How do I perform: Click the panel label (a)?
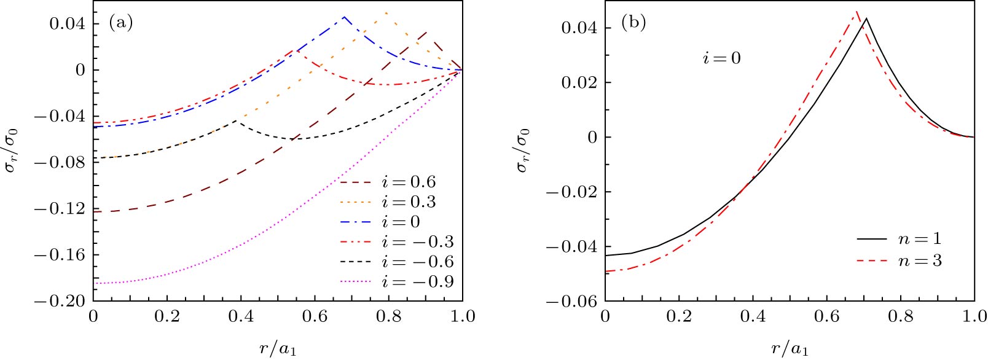coord(120,23)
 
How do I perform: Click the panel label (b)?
coord(633,23)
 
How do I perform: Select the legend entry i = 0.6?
coord(409,182)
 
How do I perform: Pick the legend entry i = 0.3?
coord(409,202)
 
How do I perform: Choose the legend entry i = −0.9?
coord(418,282)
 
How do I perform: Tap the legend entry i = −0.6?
coord(418,262)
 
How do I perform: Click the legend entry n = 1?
coord(920,238)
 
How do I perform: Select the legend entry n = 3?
coord(920,261)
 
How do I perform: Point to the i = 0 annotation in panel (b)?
coord(722,58)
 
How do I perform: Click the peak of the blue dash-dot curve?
coord(344,17)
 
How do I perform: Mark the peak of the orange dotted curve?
coord(385,12)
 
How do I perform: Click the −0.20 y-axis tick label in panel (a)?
coord(59,301)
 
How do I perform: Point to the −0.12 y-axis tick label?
coord(59,209)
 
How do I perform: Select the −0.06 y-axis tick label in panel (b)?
coord(571,301)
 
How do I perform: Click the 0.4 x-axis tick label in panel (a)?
coord(241,316)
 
